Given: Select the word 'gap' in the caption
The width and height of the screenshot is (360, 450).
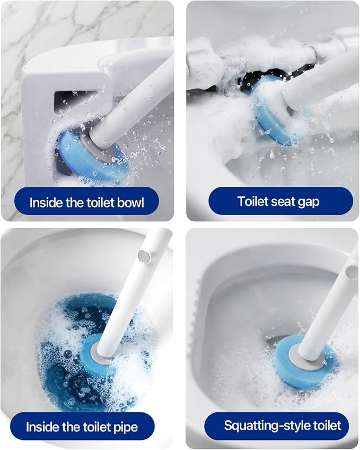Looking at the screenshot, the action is click(308, 202).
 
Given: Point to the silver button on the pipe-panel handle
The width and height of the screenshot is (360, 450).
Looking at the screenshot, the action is click(144, 256).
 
